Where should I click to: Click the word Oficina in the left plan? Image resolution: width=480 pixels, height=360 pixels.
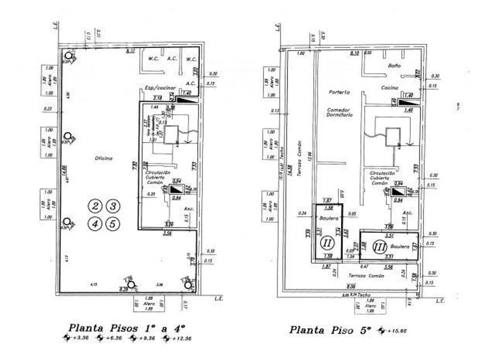click(x=104, y=158)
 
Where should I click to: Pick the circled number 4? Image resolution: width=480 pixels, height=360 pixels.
click(x=95, y=224)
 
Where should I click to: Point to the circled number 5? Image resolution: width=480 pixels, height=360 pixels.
click(x=114, y=224)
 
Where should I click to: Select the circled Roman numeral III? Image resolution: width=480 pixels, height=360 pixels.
click(x=379, y=247)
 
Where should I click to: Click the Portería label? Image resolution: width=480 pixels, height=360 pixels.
click(x=339, y=92)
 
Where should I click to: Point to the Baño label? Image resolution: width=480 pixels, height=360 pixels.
click(x=394, y=66)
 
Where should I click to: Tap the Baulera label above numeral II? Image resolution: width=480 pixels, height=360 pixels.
click(x=330, y=218)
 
